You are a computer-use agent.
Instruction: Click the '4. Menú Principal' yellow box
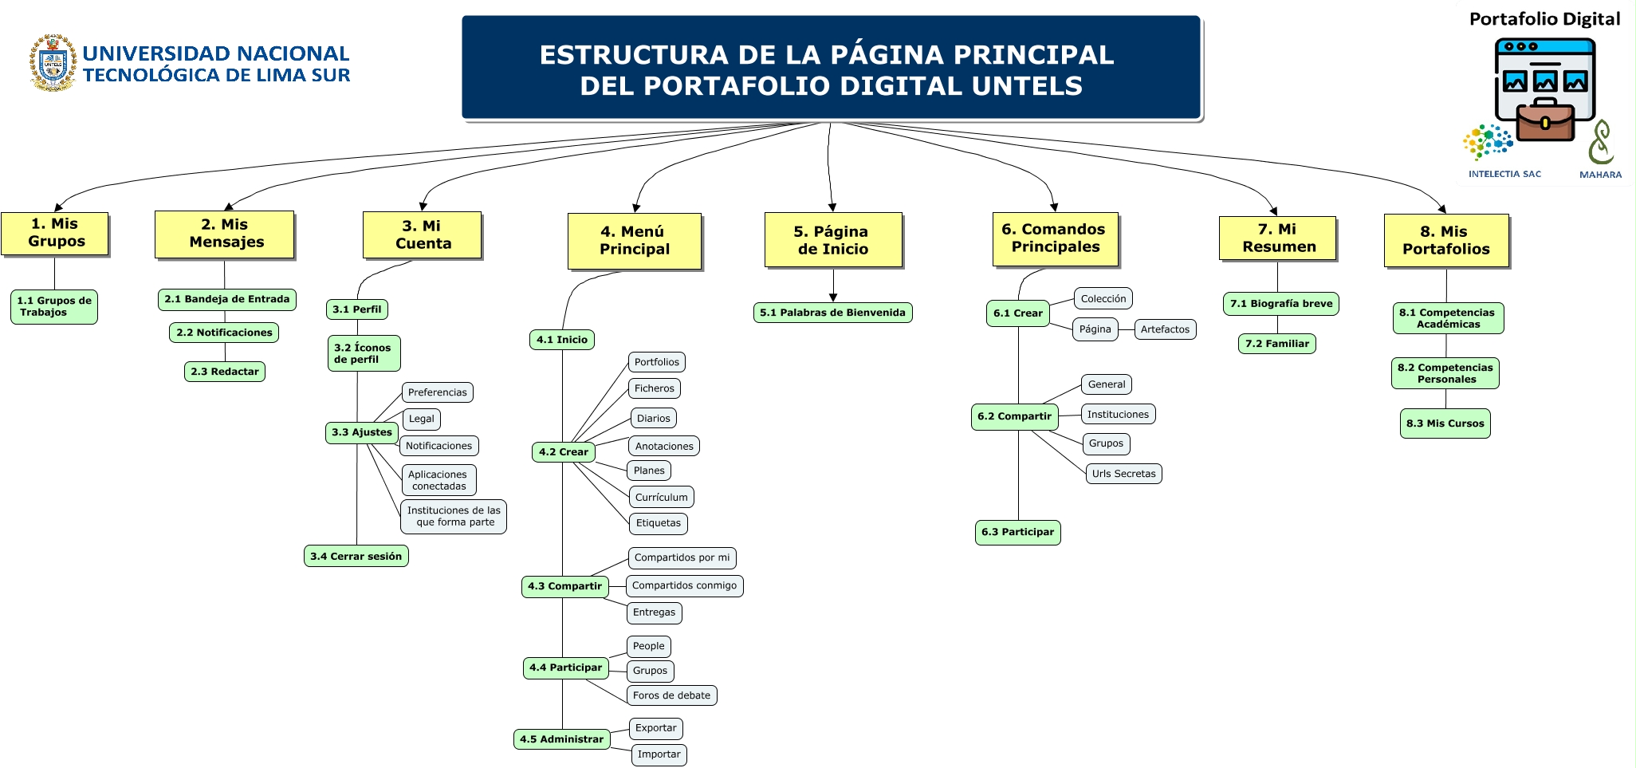635,241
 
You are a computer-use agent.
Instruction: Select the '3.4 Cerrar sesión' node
356,556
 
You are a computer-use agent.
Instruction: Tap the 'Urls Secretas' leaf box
1123,474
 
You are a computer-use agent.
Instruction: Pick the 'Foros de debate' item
671,695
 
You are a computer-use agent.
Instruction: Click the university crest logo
53,63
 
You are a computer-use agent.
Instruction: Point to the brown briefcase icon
1544,121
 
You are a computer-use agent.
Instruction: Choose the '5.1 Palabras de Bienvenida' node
832,313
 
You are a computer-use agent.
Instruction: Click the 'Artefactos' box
1165,329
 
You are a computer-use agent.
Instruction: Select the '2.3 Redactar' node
225,372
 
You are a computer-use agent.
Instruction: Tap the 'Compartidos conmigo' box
684,585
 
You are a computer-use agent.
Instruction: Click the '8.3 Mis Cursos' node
1445,423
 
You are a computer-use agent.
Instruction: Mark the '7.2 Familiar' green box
1277,344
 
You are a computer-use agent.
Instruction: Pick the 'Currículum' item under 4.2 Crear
661,497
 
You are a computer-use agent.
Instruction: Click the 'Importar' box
659,754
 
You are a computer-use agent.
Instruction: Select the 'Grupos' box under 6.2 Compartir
1106,443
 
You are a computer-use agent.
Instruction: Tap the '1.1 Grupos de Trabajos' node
54,306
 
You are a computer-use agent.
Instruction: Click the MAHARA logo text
1600,175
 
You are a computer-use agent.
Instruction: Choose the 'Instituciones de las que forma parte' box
454,516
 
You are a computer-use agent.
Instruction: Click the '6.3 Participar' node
1017,532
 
